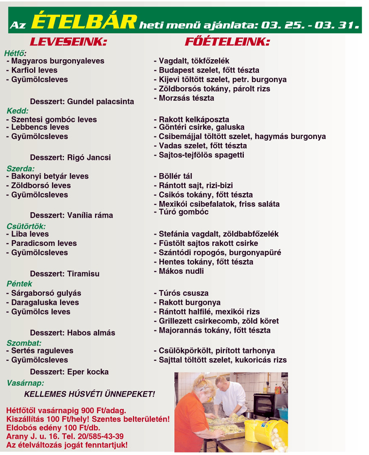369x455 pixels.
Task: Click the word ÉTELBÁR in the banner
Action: [84, 21]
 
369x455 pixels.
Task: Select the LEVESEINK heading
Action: [69, 42]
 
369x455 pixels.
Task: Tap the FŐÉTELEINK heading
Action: [227, 42]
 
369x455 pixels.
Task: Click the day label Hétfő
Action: [15, 52]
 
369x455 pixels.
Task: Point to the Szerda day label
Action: [21, 168]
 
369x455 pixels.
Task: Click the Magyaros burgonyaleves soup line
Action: [55, 61]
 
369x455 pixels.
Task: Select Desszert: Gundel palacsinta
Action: [82, 101]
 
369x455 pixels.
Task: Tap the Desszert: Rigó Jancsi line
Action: [71, 157]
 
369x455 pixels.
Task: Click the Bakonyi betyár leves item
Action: [47, 176]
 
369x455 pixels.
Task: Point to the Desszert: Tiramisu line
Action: [65, 273]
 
